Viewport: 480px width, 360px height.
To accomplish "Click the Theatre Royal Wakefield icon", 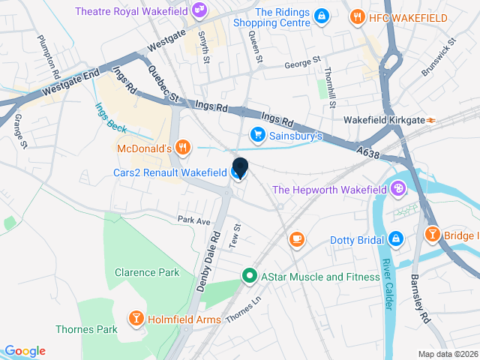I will coord(199,10).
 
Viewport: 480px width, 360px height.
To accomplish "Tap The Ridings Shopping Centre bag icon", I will coord(321,16).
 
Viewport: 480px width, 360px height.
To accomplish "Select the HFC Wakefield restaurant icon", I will coord(358,17).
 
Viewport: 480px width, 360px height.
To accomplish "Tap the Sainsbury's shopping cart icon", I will coord(257,136).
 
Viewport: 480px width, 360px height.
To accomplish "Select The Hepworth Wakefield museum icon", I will coord(398,190).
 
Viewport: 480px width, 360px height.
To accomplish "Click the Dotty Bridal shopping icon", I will coord(395,240).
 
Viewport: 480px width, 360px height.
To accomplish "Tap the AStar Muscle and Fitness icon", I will coord(250,277).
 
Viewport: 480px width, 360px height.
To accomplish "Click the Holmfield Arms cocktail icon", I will coord(136,319).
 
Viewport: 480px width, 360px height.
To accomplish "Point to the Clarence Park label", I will coord(147,272).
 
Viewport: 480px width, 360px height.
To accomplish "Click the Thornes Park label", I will coord(87,329).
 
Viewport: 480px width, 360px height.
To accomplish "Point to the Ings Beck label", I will coord(109,117).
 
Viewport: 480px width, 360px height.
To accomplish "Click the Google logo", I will coord(25,351).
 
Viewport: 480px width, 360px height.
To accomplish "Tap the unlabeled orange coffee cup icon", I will coord(297,239).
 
